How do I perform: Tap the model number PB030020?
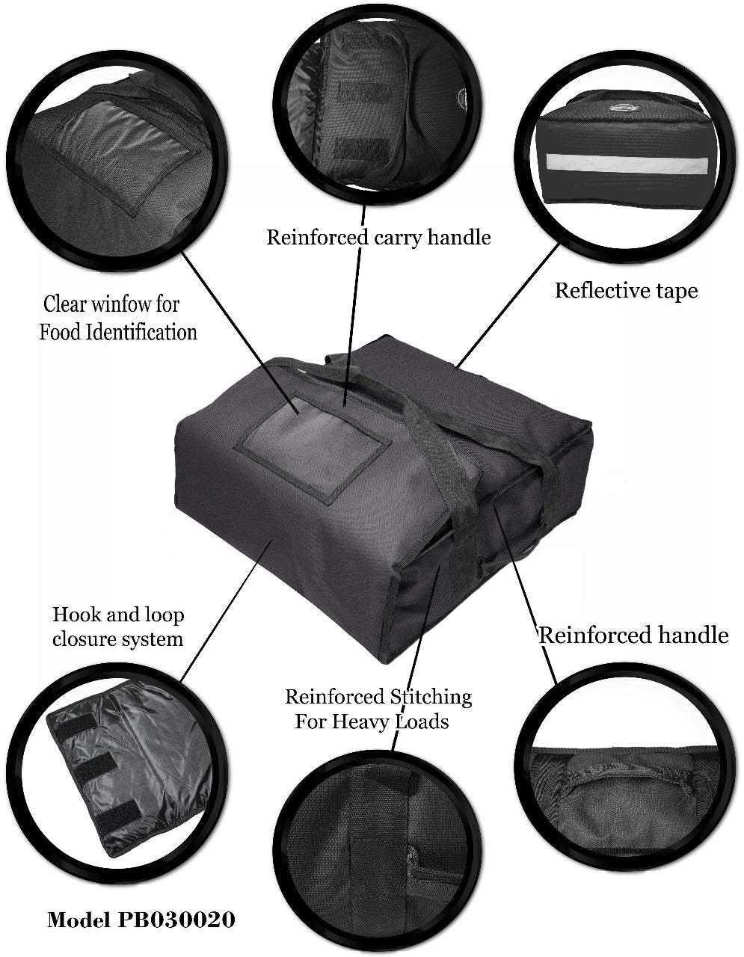tap(176, 920)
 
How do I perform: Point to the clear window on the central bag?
tap(314, 455)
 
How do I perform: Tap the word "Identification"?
tap(141, 332)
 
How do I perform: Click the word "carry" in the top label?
tap(398, 239)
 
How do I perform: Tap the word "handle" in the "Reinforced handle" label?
tap(693, 635)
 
